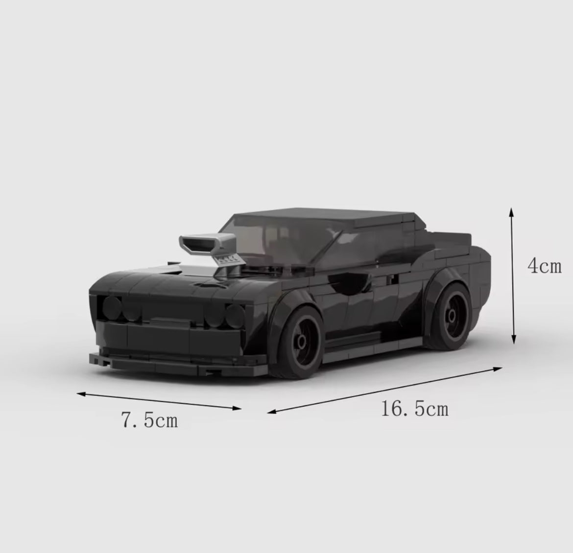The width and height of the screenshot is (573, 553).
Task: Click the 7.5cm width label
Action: tap(149, 419)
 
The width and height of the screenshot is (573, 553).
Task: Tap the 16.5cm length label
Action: tap(414, 409)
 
